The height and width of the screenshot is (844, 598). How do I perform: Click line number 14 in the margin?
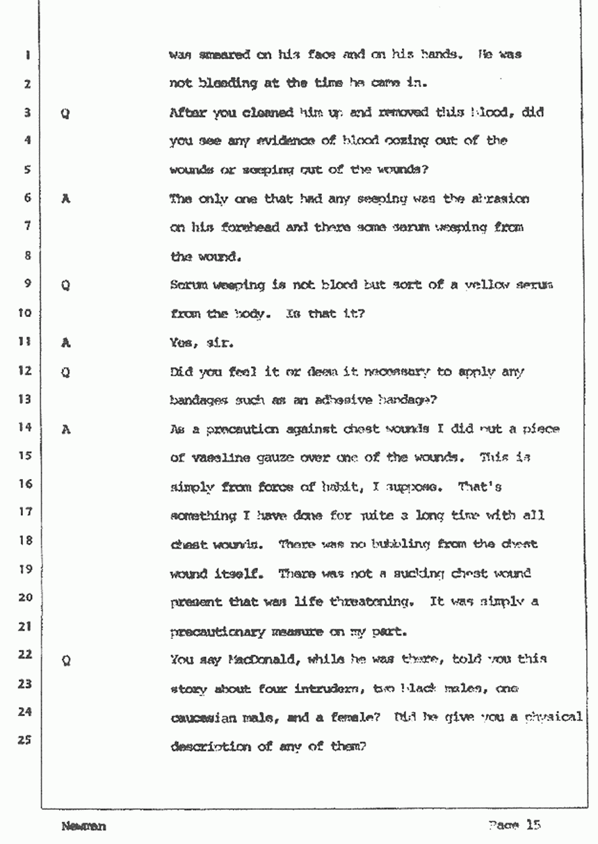click(24, 428)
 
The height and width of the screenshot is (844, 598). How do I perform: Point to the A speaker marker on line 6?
click(65, 198)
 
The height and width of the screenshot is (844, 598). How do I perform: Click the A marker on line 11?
click(65, 341)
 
